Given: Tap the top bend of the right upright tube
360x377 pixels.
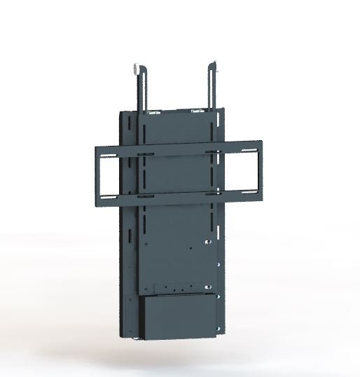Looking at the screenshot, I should (x=212, y=67).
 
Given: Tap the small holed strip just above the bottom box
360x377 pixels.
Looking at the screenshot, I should (x=179, y=287).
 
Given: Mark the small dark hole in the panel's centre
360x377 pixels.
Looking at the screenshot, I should (x=190, y=247).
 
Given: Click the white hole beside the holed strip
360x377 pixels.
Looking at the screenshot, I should (x=207, y=287).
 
